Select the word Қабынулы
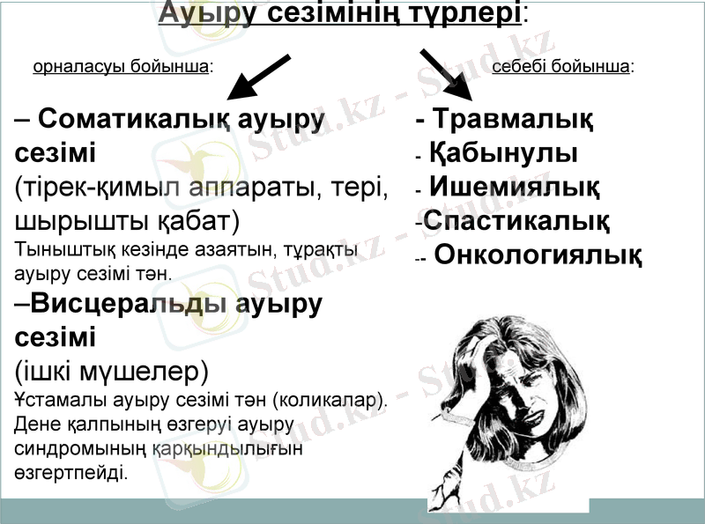click(x=503, y=153)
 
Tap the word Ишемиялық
click(x=515, y=188)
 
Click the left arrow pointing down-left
click(x=256, y=77)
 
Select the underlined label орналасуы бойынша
click(x=122, y=66)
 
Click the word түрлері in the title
click(x=458, y=15)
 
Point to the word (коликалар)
click(x=331, y=400)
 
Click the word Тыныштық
click(x=54, y=249)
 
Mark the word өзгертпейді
click(x=71, y=472)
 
